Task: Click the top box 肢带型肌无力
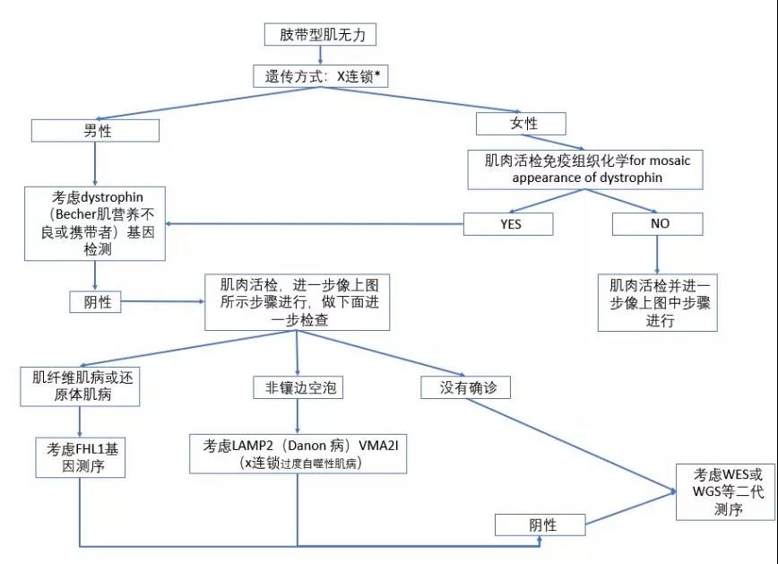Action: [x=320, y=35]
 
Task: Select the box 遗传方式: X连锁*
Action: [x=321, y=77]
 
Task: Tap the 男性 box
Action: [x=95, y=131]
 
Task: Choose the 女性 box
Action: [x=520, y=123]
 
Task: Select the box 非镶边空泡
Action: [x=297, y=389]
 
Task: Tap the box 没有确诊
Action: [x=464, y=387]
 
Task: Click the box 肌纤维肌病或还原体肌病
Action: [x=81, y=386]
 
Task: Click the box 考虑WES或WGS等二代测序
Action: [x=726, y=491]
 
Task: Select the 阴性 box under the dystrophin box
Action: [x=95, y=302]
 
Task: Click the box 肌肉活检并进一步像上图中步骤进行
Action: [x=658, y=302]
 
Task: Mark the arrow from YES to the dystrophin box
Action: [x=314, y=223]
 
